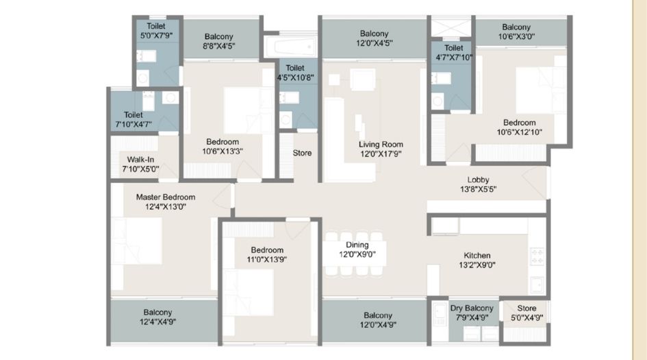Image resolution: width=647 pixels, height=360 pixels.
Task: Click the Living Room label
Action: pyautogui.click(x=381, y=145)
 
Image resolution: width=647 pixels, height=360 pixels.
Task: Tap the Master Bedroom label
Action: pyautogui.click(x=165, y=197)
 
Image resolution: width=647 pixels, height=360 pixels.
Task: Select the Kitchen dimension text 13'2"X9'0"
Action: pyautogui.click(x=477, y=265)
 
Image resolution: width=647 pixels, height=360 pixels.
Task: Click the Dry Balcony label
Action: pyautogui.click(x=472, y=309)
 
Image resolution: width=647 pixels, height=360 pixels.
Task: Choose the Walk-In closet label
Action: pyautogui.click(x=140, y=159)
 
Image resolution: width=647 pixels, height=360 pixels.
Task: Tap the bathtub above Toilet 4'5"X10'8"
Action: pyautogui.click(x=290, y=47)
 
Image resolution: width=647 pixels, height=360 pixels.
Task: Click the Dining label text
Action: pyautogui.click(x=357, y=245)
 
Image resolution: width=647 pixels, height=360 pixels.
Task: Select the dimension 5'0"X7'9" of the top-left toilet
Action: pyautogui.click(x=156, y=35)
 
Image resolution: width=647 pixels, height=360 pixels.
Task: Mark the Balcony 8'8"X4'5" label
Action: pyautogui.click(x=218, y=36)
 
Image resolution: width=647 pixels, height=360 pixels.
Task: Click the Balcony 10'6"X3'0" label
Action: pyautogui.click(x=520, y=27)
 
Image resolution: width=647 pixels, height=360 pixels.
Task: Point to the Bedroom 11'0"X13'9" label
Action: pyautogui.click(x=266, y=250)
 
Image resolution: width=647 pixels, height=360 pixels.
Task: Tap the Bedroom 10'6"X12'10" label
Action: pyautogui.click(x=520, y=123)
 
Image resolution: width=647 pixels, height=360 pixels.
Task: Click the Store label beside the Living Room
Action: pyautogui.click(x=302, y=153)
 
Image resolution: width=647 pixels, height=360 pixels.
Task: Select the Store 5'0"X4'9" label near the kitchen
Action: pyautogui.click(x=527, y=309)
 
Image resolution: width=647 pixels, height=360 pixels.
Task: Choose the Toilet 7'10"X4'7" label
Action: pyautogui.click(x=134, y=115)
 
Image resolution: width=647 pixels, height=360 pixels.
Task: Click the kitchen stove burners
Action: pyautogui.click(x=537, y=257)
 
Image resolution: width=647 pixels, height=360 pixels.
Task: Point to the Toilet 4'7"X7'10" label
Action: pyautogui.click(x=453, y=48)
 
